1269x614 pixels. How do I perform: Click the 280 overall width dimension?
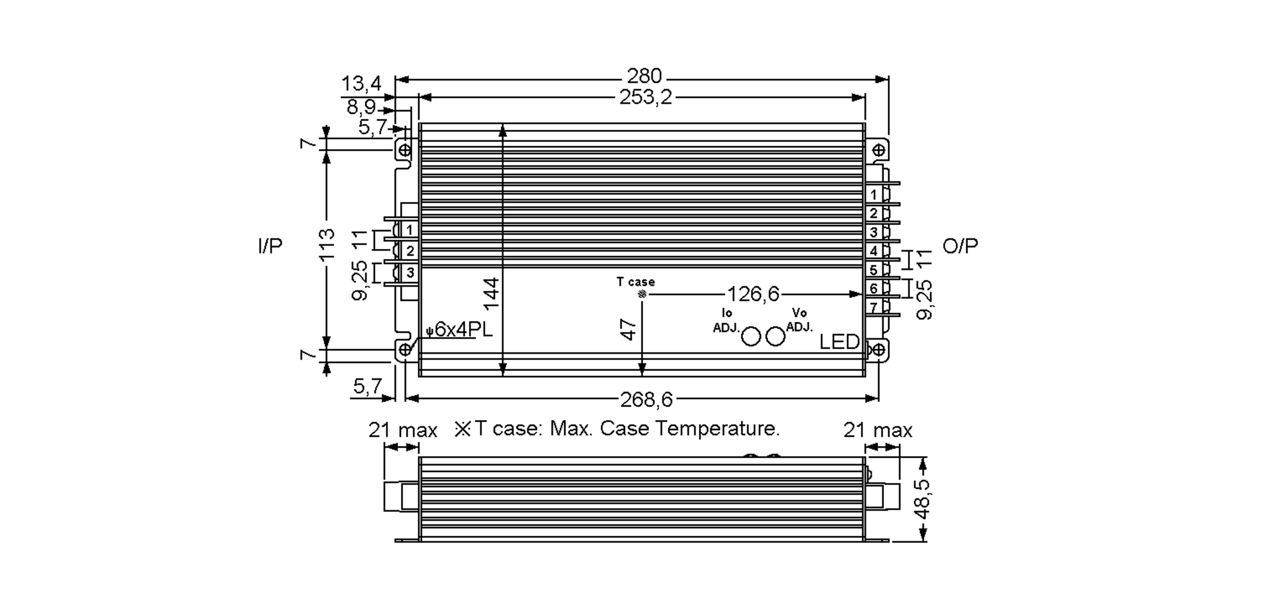[644, 77]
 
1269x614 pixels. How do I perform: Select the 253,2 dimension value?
[645, 98]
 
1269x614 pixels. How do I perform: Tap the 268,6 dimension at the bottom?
[646, 400]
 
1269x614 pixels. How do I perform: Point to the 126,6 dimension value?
[753, 294]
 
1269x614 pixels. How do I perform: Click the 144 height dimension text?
[492, 294]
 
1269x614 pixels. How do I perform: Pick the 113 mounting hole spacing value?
[327, 244]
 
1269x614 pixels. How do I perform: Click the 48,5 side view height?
[923, 500]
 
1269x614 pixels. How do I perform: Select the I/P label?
[270, 246]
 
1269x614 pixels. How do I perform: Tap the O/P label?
[960, 246]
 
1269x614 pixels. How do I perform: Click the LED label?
[839, 342]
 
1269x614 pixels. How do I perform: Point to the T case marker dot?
[642, 294]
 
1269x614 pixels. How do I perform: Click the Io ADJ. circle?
[751, 336]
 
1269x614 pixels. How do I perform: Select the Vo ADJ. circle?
[775, 336]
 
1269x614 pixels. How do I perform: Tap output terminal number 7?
[873, 307]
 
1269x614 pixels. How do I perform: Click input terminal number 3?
[410, 273]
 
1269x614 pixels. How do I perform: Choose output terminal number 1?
[873, 194]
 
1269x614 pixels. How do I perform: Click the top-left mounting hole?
[404, 150]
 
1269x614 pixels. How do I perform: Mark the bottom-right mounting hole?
[878, 350]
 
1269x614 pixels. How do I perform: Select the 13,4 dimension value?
[361, 83]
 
